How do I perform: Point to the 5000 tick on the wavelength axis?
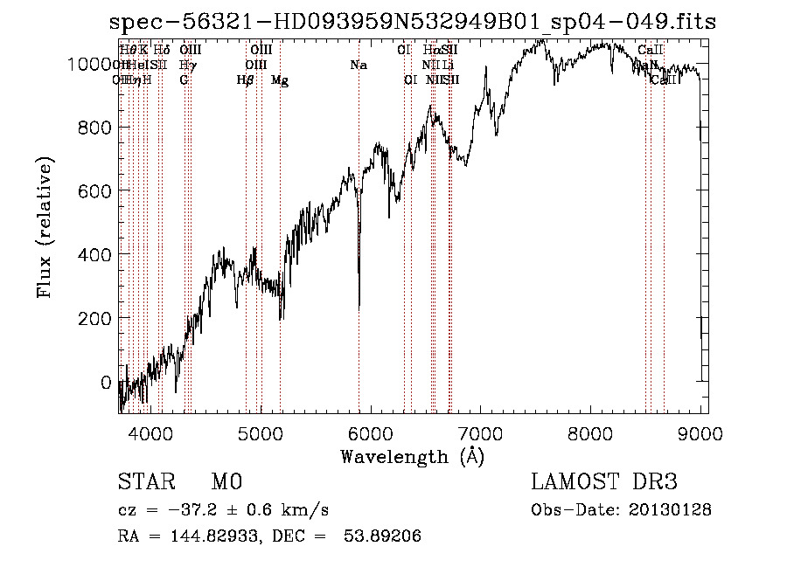261,432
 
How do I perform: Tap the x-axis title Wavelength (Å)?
412,457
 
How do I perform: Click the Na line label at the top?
358,66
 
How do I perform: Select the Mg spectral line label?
280,80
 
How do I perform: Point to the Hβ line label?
246,80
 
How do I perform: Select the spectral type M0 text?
226,483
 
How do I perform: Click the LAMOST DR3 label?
604,483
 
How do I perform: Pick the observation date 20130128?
670,509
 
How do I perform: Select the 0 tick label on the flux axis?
106,382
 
